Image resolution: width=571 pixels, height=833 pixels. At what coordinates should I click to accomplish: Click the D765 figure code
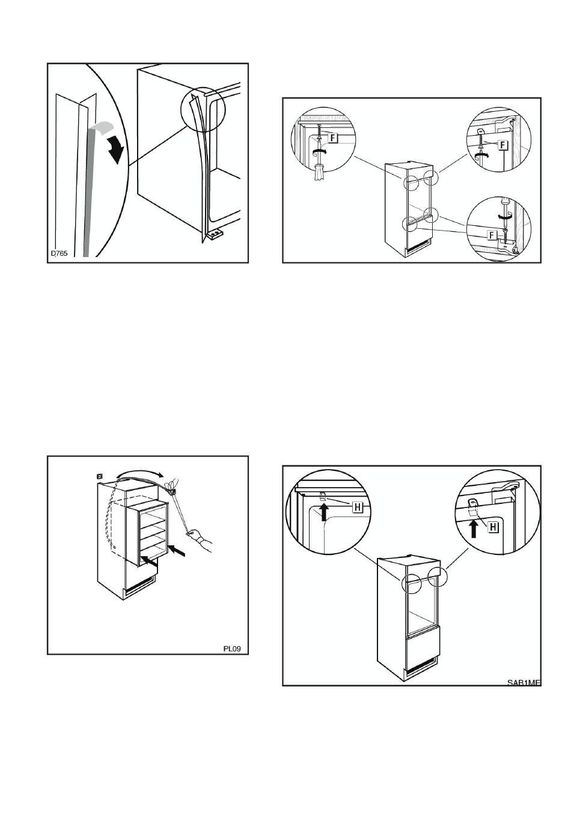click(x=58, y=253)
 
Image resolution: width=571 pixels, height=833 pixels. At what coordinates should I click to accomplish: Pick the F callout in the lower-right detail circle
click(x=492, y=234)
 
